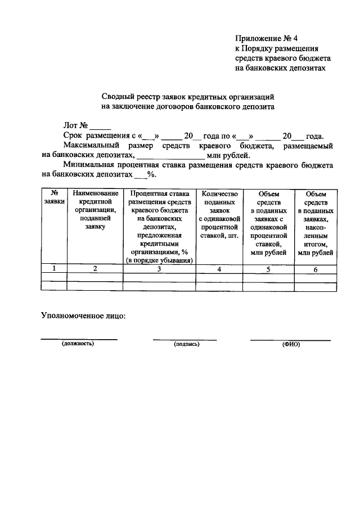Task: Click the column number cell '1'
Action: [54, 268]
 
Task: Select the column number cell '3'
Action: [159, 269]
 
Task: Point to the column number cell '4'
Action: [219, 269]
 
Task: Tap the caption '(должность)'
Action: [78, 343]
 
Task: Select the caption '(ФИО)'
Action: [291, 344]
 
